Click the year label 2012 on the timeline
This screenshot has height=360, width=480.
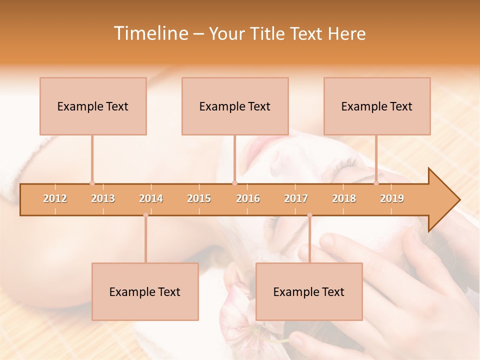point(55,198)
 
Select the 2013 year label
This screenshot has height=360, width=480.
point(103,198)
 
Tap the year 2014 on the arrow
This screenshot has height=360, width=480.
point(151,198)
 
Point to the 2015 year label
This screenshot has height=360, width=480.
point(199,198)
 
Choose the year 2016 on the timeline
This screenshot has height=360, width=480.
point(248,198)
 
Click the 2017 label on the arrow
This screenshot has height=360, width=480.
point(296,198)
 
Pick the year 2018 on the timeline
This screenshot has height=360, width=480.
point(344,198)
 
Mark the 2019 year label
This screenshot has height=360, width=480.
point(392,198)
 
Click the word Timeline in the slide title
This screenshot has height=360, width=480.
point(150,33)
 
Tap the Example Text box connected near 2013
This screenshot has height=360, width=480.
point(93,106)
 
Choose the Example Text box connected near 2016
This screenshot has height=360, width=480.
point(235,106)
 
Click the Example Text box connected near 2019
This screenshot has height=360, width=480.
point(377,106)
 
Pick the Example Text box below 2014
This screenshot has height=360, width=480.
point(145,291)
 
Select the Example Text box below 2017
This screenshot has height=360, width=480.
point(309,291)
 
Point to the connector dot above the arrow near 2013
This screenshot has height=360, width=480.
point(92,183)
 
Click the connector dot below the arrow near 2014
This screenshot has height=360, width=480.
point(145,215)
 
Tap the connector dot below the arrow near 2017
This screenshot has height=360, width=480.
point(309,215)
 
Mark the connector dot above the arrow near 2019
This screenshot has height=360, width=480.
point(376,183)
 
